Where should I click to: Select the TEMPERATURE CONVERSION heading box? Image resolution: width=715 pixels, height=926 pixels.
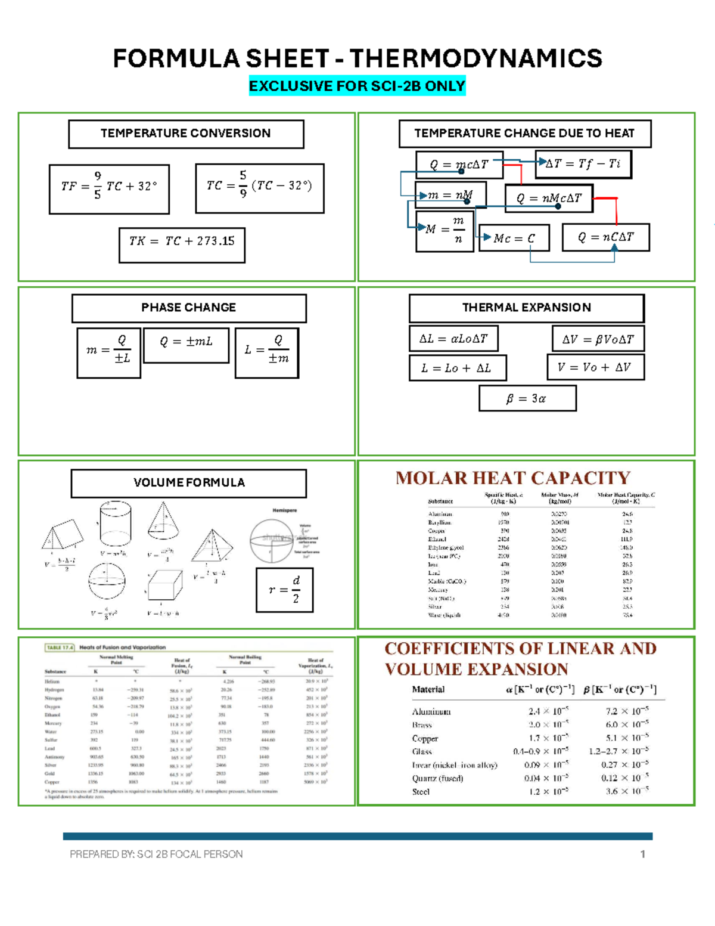coord(186,134)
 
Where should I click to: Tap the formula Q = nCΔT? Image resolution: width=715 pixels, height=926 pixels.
coord(605,237)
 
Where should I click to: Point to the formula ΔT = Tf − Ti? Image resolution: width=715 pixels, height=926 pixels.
coord(583,164)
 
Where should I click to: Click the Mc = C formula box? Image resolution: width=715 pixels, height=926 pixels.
coord(514,239)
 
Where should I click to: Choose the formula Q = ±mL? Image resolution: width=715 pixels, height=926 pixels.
coord(186,342)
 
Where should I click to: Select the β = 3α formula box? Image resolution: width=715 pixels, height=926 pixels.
coord(527,398)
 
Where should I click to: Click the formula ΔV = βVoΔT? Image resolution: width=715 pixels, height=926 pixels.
coord(598,339)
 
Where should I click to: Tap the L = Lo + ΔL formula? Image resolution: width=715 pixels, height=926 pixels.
coord(458,368)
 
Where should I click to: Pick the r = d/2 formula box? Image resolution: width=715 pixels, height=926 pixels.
coord(285,590)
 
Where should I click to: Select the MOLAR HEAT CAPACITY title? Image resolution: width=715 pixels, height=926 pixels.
coord(513,478)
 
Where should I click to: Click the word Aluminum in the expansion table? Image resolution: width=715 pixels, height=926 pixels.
coord(431,712)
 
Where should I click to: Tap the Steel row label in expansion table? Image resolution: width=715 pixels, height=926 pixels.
coord(421,792)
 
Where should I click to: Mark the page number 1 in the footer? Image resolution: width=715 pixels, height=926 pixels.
coord(643,854)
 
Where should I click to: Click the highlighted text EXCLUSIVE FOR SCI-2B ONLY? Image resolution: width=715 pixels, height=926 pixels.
coord(357,86)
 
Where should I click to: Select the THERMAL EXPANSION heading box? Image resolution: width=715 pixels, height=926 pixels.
coord(527,308)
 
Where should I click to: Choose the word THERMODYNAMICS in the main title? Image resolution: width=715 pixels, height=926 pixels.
coord(475,58)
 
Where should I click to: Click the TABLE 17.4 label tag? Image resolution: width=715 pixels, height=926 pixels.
coord(60,647)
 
